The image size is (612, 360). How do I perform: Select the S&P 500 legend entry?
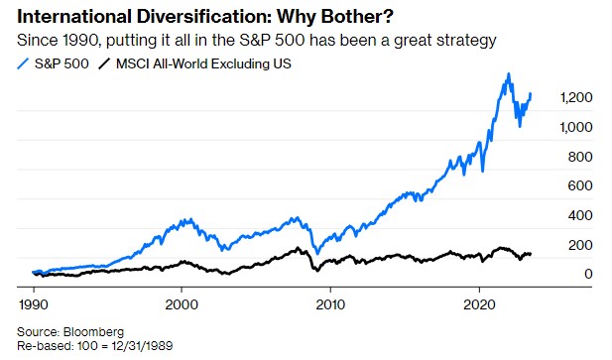(59, 63)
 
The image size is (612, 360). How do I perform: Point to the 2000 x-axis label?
(182, 300)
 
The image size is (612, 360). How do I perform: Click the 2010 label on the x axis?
(330, 300)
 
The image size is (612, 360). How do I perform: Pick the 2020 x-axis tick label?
(479, 300)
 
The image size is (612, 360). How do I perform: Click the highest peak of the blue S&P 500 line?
(509, 74)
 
